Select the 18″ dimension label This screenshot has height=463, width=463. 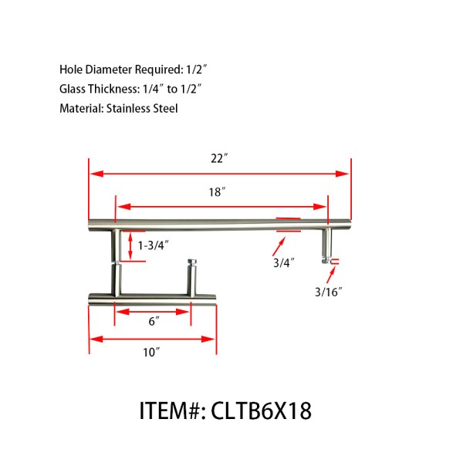pos(217,192)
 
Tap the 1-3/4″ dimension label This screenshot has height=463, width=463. pos(154,245)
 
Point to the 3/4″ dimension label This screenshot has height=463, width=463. pos(283,262)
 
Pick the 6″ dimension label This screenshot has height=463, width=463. pos(153,323)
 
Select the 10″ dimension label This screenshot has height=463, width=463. pos(151,352)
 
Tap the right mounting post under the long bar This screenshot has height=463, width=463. pos(327,245)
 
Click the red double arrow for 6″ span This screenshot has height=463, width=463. pos(153,311)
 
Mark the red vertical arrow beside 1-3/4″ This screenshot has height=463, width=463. pos(130,245)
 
